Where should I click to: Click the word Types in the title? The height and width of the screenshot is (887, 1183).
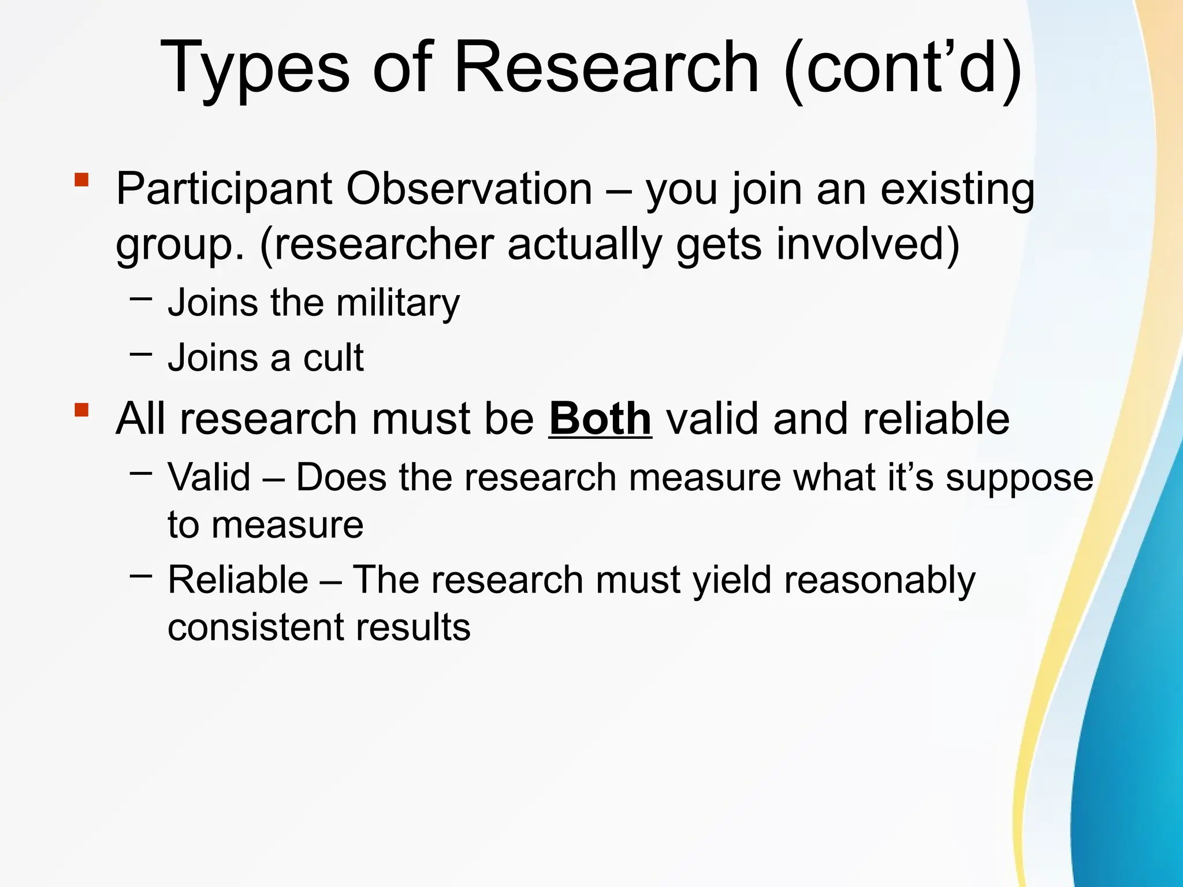point(254,68)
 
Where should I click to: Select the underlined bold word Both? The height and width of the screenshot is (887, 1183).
point(600,419)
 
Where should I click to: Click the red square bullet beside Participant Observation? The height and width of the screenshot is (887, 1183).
point(81,180)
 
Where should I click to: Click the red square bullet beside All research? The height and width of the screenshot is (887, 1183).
point(81,411)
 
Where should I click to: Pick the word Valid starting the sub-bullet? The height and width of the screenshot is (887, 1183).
point(209,478)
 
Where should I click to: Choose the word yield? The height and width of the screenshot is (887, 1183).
point(732,580)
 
